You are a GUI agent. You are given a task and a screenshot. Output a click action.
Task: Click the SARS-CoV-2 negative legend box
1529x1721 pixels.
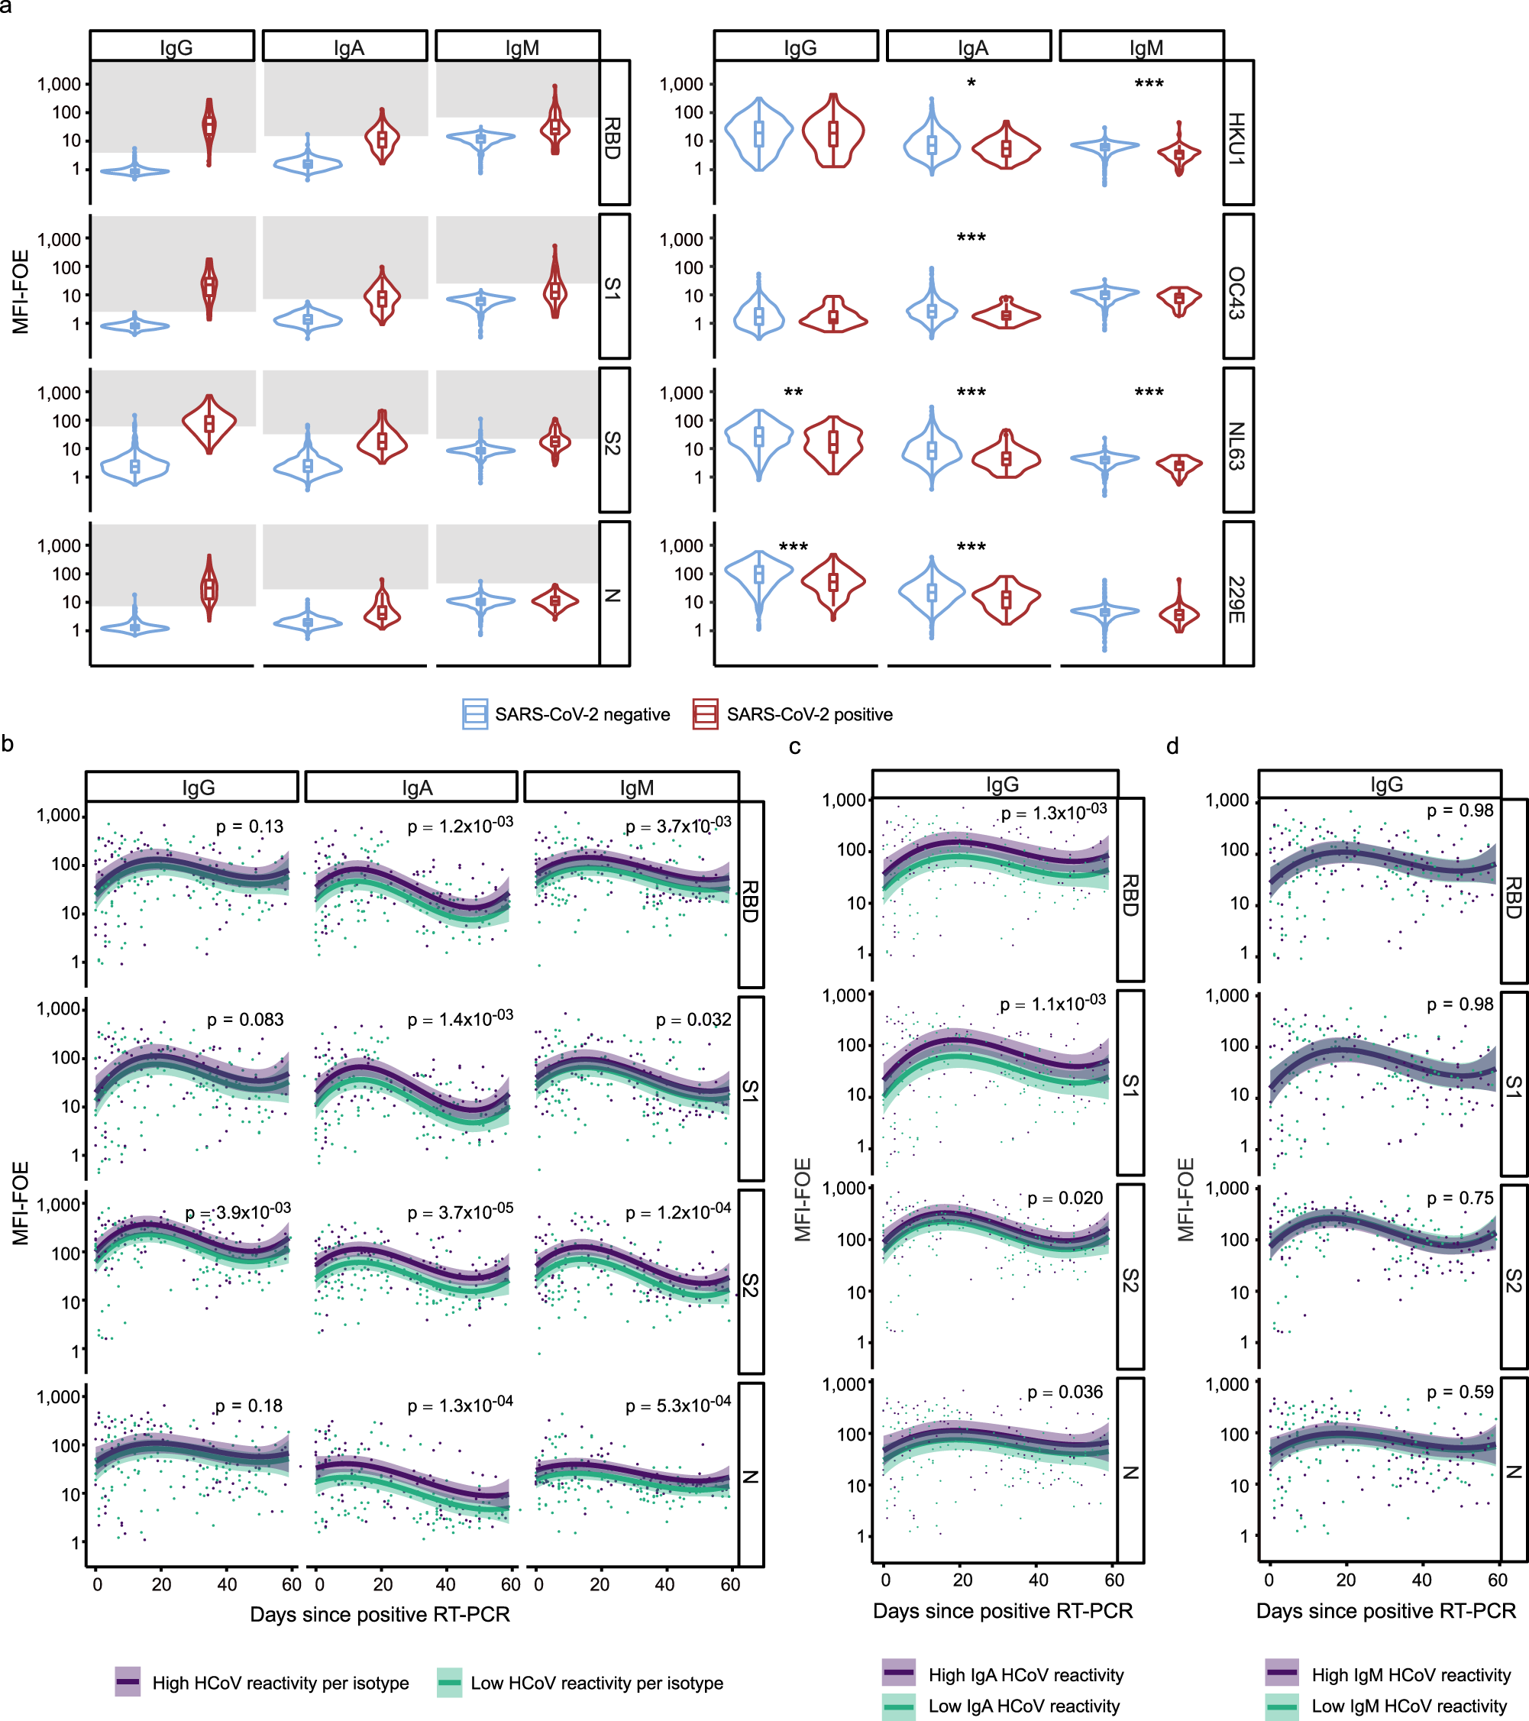[475, 714]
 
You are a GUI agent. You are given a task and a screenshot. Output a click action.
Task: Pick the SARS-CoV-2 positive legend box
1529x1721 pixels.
[705, 714]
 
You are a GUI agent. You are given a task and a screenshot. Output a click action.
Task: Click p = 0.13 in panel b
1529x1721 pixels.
[249, 827]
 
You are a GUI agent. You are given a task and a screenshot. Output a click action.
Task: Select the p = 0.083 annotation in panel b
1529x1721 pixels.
[245, 1020]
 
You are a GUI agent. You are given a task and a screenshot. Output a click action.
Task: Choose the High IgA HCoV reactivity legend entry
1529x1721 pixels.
[1026, 1674]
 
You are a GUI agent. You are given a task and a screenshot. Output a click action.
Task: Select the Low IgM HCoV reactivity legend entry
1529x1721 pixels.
[1408, 1706]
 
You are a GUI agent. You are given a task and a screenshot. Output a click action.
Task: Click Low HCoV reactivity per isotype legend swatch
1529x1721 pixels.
[451, 1683]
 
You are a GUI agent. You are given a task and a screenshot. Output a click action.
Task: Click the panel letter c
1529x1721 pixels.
[795, 746]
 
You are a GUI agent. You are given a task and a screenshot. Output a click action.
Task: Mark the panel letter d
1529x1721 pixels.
[1172, 746]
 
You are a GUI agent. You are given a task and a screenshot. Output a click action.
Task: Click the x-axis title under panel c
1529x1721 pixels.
[1002, 1611]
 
